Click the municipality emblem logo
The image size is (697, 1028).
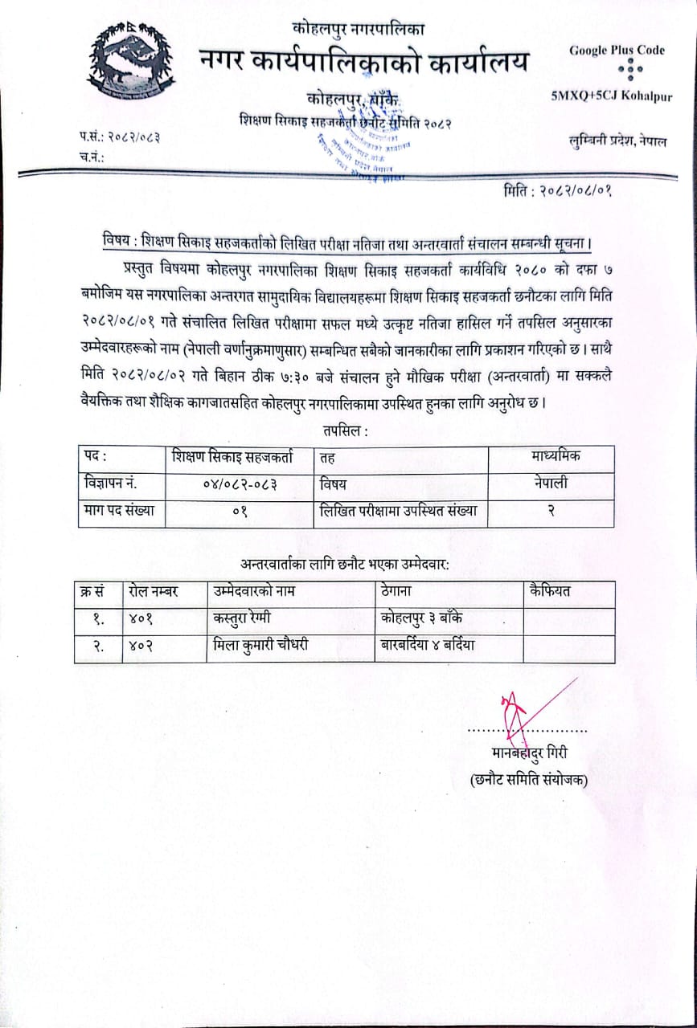[x=129, y=61]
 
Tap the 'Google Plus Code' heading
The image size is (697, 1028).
[x=617, y=50]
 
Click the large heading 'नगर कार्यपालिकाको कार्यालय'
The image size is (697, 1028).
[x=366, y=61]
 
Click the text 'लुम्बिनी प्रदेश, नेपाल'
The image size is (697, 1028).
[x=617, y=141]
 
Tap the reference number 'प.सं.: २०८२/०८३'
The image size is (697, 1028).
[x=120, y=137]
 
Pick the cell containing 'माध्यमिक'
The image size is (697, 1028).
[x=556, y=457]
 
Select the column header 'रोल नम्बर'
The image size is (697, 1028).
[x=154, y=592]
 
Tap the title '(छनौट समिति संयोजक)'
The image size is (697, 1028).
[x=529, y=779]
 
